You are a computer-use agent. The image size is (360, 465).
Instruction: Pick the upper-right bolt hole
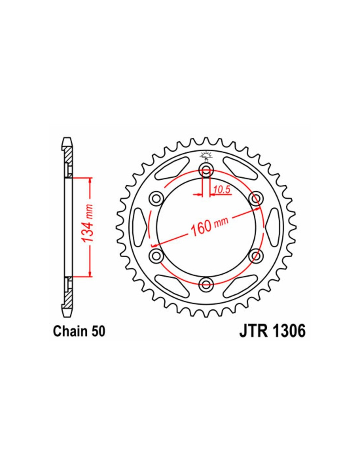(256, 199)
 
